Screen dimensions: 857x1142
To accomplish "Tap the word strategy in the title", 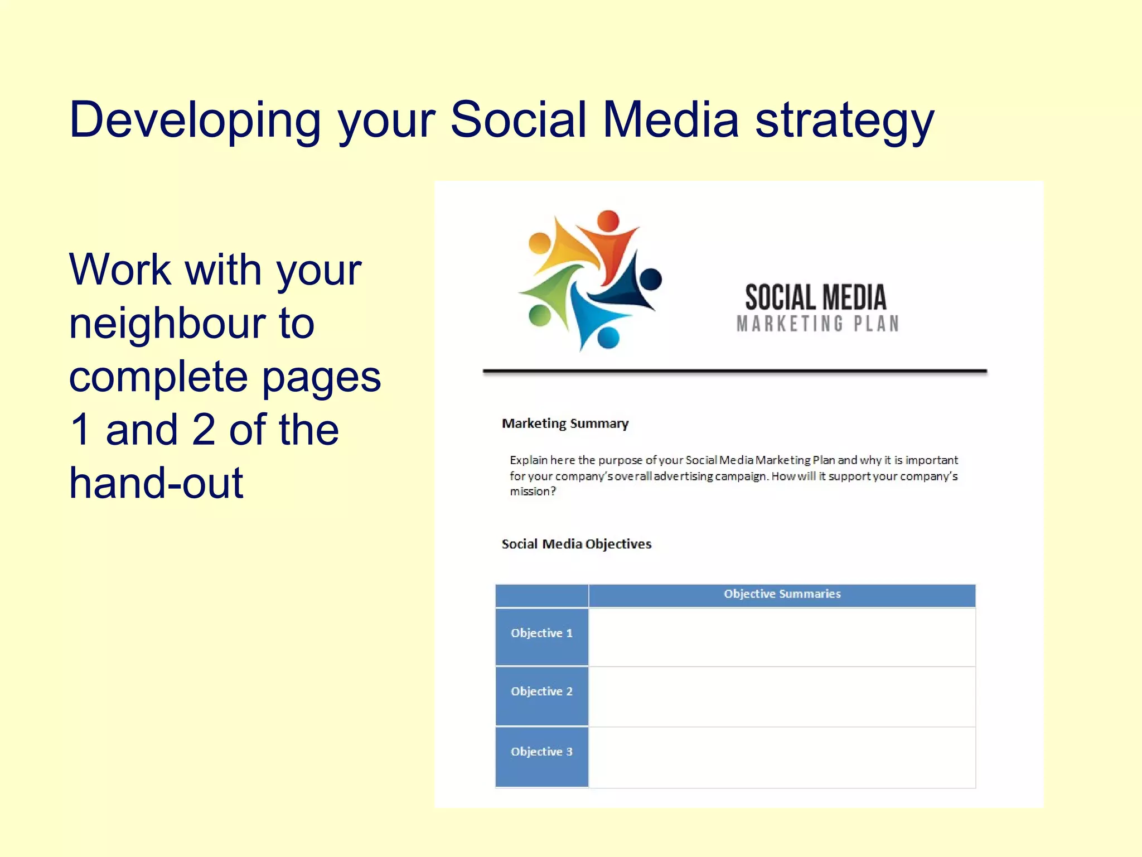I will pyautogui.click(x=844, y=121).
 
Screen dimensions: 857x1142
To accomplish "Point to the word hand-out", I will pyautogui.click(x=156, y=483).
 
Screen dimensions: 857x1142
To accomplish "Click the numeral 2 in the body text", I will pyautogui.click(x=204, y=430).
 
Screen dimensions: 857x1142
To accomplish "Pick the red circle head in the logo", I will pyautogui.click(x=608, y=221).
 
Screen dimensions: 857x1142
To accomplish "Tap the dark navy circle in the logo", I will pyautogui.click(x=650, y=280).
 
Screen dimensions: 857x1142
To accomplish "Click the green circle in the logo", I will pyautogui.click(x=539, y=315).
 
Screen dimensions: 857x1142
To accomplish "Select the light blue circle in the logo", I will pyautogui.click(x=608, y=338).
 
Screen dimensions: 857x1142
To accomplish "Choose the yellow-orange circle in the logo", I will pyautogui.click(x=539, y=244).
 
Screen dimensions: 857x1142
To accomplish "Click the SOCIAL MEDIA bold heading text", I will pyautogui.click(x=815, y=297).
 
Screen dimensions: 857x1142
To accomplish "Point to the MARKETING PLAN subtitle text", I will pyautogui.click(x=817, y=324).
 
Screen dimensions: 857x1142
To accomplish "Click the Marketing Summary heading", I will pyautogui.click(x=565, y=423).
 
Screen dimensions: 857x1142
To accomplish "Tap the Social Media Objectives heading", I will pyautogui.click(x=576, y=544).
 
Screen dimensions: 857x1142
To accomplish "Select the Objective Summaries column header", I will pyautogui.click(x=782, y=594).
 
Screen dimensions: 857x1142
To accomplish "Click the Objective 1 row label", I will pyautogui.click(x=541, y=633).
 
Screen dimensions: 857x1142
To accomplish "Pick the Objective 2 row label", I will pyautogui.click(x=541, y=691).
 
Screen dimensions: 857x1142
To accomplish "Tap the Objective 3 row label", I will pyautogui.click(x=541, y=752).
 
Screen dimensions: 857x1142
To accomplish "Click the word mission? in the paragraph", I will pyautogui.click(x=533, y=492).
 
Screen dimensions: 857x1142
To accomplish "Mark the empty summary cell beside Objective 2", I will pyautogui.click(x=782, y=696).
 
